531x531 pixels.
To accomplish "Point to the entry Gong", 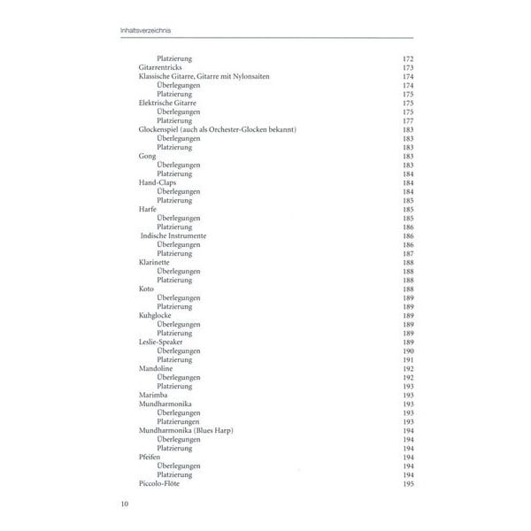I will click(x=147, y=156).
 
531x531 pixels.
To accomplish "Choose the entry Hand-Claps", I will click(x=158, y=182).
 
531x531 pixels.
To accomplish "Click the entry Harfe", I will click(x=149, y=209).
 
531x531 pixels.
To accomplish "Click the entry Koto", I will click(x=147, y=289).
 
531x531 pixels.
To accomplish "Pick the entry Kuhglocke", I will click(x=156, y=315).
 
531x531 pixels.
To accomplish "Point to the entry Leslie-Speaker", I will click(x=163, y=342).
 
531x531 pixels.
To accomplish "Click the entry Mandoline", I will click(x=157, y=368).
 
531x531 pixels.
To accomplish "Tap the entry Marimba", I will click(x=154, y=395).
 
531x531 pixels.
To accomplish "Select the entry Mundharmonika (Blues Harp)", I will click(x=183, y=430).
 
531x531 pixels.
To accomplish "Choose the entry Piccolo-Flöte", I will click(x=160, y=483).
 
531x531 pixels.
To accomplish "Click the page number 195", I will click(x=409, y=483).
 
